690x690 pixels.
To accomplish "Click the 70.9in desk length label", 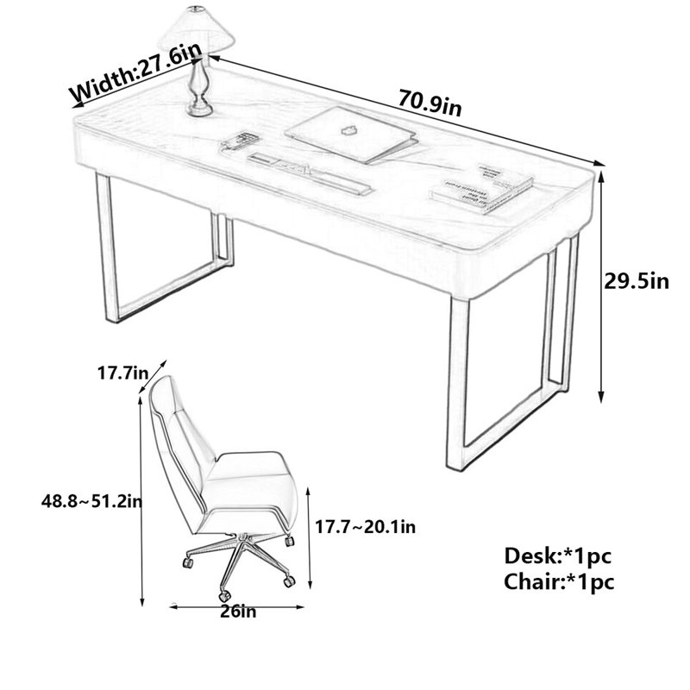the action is click(430, 102).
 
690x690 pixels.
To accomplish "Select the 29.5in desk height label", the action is click(636, 282).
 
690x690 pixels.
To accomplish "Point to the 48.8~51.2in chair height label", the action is click(91, 501).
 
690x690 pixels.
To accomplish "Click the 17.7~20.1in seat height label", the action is click(365, 526).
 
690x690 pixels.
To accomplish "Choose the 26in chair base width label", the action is click(238, 612).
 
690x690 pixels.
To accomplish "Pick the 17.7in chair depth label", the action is click(122, 373).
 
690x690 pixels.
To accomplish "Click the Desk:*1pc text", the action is click(557, 555).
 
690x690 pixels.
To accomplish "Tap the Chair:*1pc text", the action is click(559, 581).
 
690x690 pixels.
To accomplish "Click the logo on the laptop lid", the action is click(348, 130).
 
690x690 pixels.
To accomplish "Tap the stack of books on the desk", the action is click(481, 188).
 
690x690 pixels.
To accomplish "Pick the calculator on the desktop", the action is click(239, 141).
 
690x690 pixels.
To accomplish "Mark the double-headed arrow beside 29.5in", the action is click(600, 287).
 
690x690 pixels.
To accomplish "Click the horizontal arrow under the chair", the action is click(237, 607).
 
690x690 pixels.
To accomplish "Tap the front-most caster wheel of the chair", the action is click(225, 596).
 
